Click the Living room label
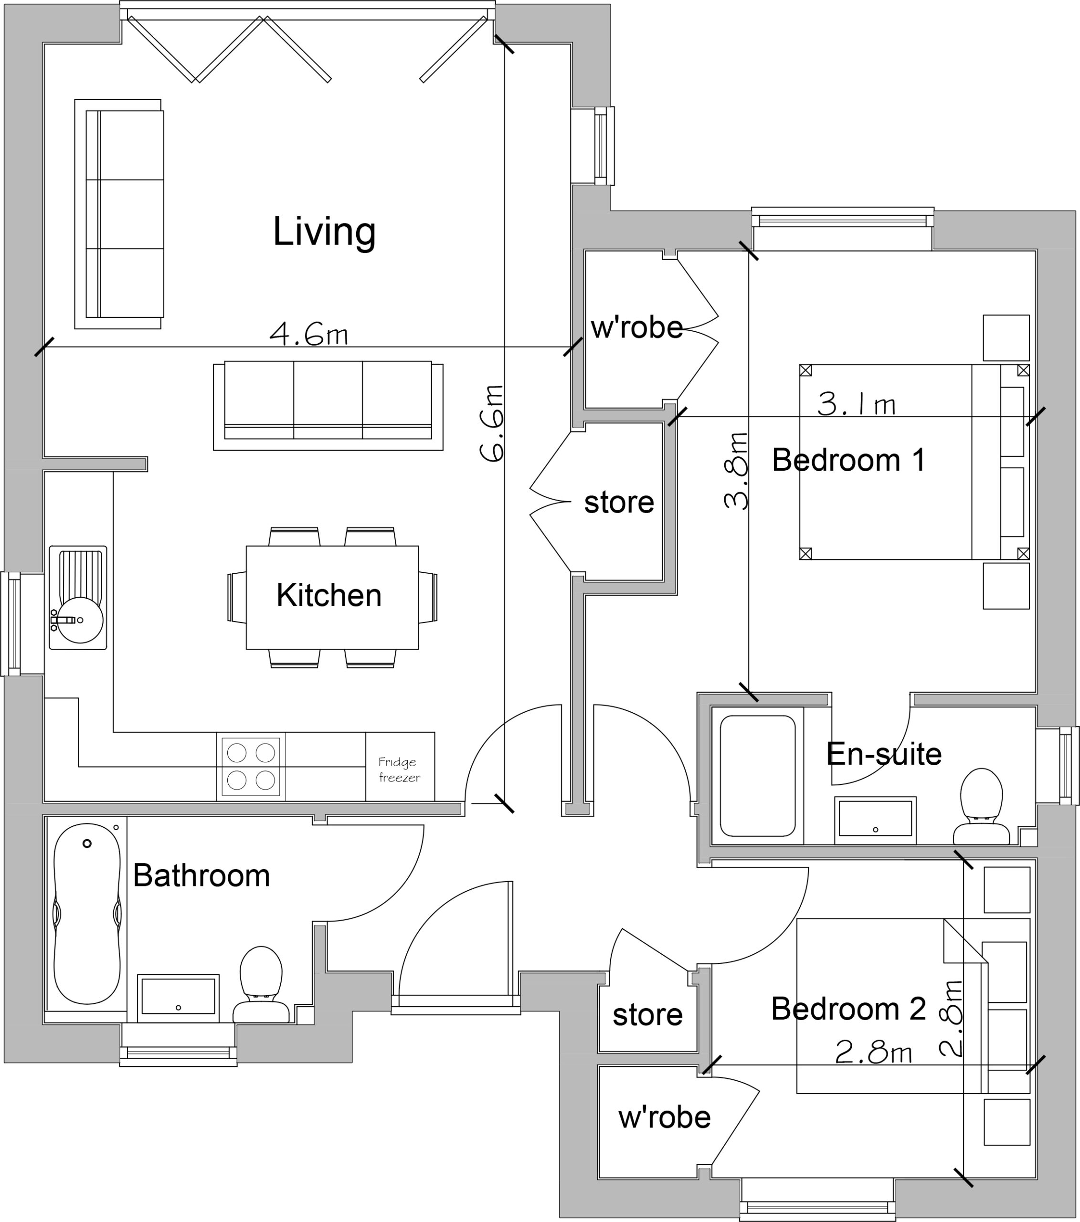point(324,232)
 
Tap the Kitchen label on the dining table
point(329,595)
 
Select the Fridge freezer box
point(400,767)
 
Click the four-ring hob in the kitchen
point(251,767)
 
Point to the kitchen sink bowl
point(81,620)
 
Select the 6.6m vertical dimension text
point(492,423)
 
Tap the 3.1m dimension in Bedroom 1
point(857,404)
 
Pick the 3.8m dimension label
point(736,471)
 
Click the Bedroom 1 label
point(848,460)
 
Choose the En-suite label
point(884,754)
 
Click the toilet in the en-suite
point(981,807)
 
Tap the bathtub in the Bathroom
point(87,914)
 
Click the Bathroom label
point(201,876)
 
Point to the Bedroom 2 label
point(848,1009)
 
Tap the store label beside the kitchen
point(619,502)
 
